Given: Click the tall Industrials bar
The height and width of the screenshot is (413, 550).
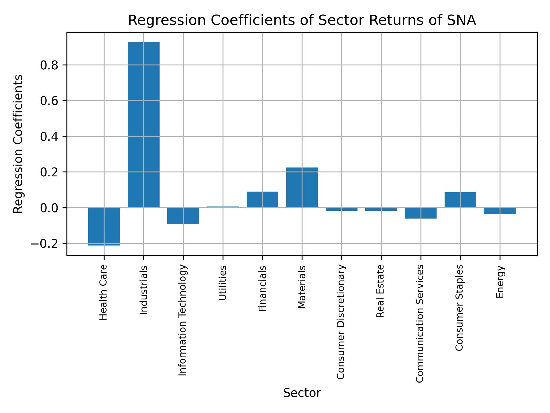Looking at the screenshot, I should click(144, 125).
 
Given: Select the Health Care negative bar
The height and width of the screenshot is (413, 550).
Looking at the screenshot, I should click(104, 226).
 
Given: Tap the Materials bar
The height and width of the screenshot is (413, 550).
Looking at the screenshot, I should click(302, 188).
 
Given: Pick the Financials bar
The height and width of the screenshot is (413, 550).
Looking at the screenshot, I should click(262, 200).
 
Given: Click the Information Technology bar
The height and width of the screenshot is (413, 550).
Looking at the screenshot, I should click(183, 216).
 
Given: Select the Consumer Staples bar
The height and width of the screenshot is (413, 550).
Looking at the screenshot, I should click(460, 200).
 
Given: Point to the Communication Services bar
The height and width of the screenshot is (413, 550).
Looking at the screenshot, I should click(421, 213).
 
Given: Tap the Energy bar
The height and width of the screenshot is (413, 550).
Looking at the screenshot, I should click(500, 211).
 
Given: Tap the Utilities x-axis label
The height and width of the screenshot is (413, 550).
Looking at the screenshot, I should click(223, 283).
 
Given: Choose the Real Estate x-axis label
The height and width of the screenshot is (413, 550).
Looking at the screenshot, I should click(380, 291).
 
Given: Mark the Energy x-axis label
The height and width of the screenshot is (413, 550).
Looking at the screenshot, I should click(500, 282).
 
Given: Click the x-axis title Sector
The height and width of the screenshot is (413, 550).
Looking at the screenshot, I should click(302, 393).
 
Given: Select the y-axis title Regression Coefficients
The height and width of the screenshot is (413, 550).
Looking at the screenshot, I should click(18, 144).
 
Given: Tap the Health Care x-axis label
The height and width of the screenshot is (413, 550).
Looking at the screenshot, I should click(103, 292).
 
